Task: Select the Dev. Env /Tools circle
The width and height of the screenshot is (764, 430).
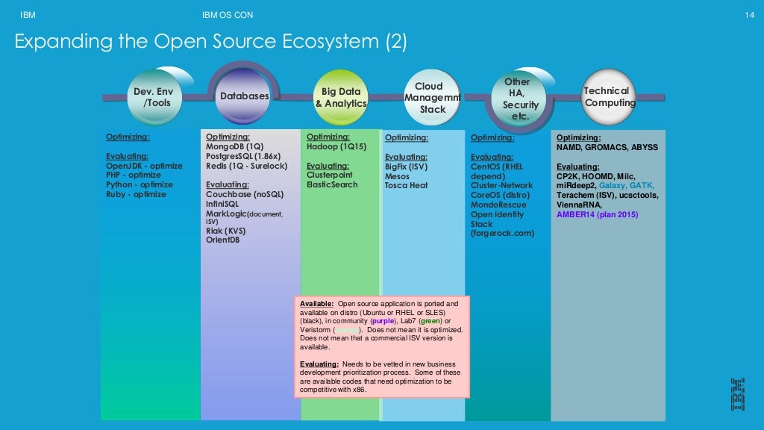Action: [x=153, y=97]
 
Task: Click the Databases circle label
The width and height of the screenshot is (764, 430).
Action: [x=244, y=96]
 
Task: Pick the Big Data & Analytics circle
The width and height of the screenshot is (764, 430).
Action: [x=341, y=98]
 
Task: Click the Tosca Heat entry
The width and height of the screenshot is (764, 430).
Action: [x=407, y=185]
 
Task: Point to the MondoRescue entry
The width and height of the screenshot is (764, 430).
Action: [x=498, y=205]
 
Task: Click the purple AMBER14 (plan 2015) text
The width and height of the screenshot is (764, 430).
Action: [x=597, y=214]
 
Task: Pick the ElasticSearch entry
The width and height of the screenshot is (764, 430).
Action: [x=332, y=184]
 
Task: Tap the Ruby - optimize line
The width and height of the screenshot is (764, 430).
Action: [x=136, y=194]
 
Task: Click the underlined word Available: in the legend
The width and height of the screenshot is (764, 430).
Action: [x=316, y=305]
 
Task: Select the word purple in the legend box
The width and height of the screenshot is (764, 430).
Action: [x=383, y=321]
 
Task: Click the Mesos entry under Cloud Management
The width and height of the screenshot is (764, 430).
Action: [x=398, y=175]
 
